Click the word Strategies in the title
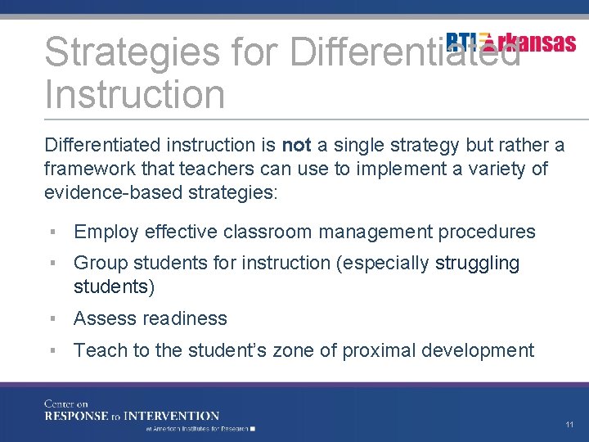pos(132,52)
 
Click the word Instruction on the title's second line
pos(134,94)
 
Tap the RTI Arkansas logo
pos(511,43)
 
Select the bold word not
pos(296,146)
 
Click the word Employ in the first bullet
pos(106,232)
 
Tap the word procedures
pos(487,232)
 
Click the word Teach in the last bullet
pos(100,350)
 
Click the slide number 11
pos(569,425)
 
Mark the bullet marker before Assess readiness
pos(51,318)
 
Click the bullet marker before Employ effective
pos(51,232)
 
